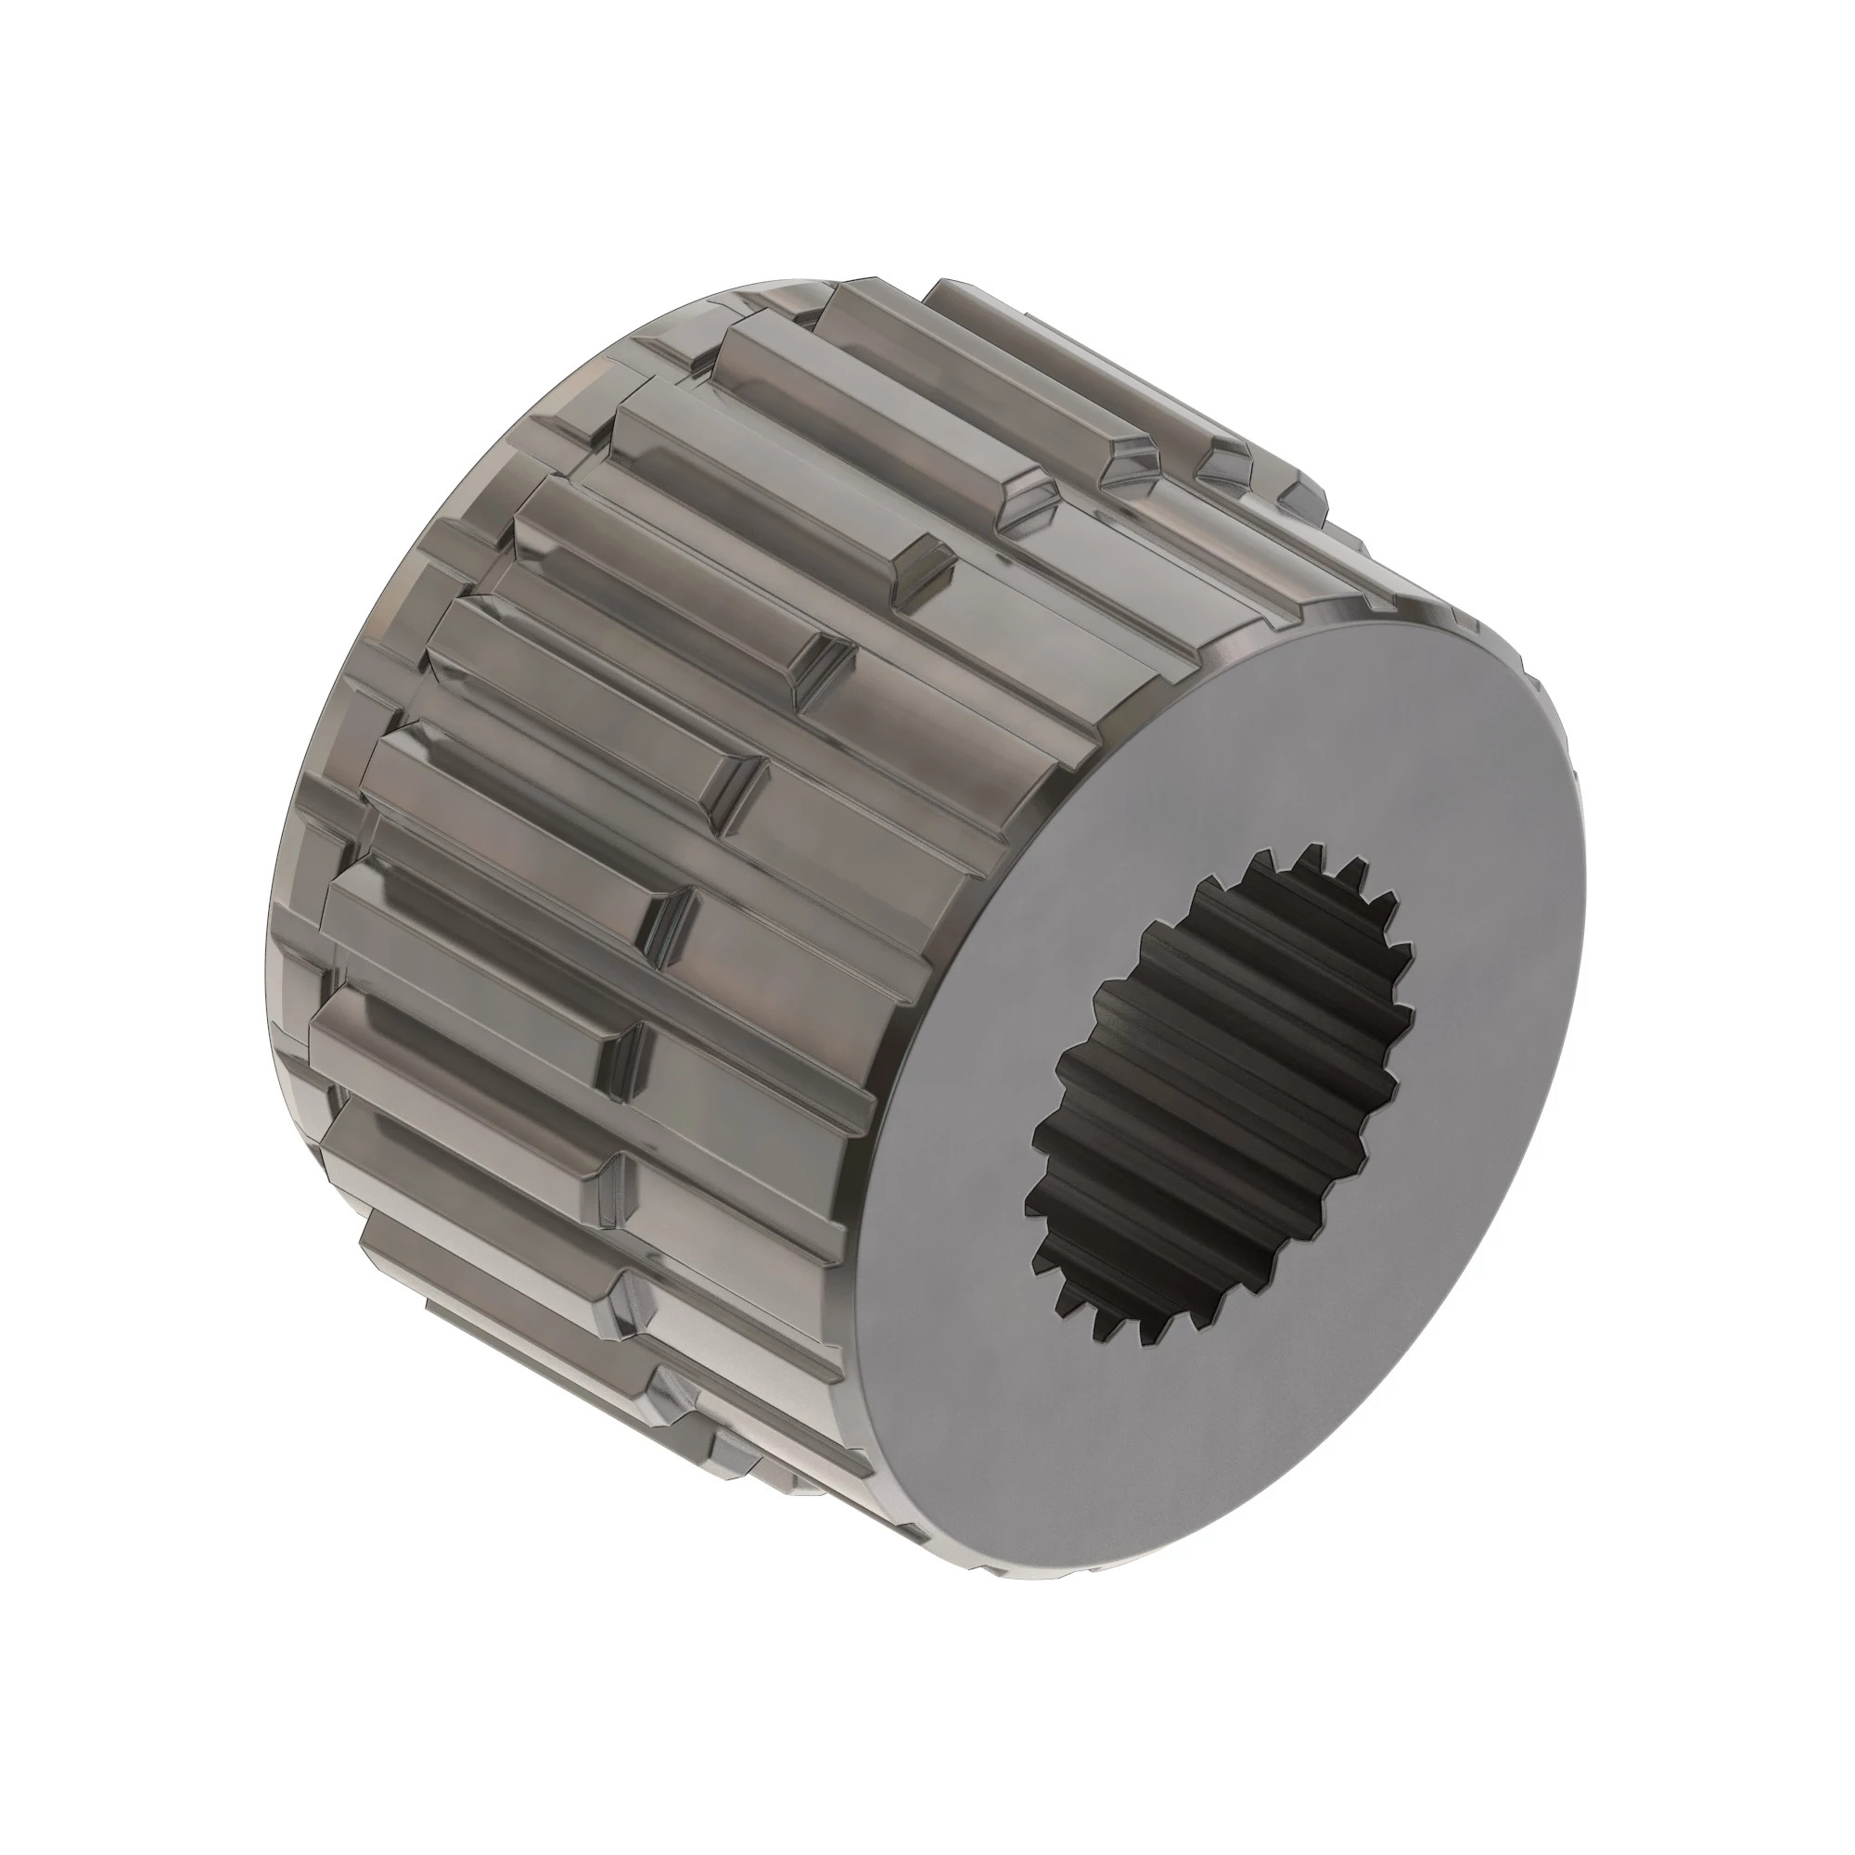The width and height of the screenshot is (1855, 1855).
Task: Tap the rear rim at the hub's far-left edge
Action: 273,922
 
